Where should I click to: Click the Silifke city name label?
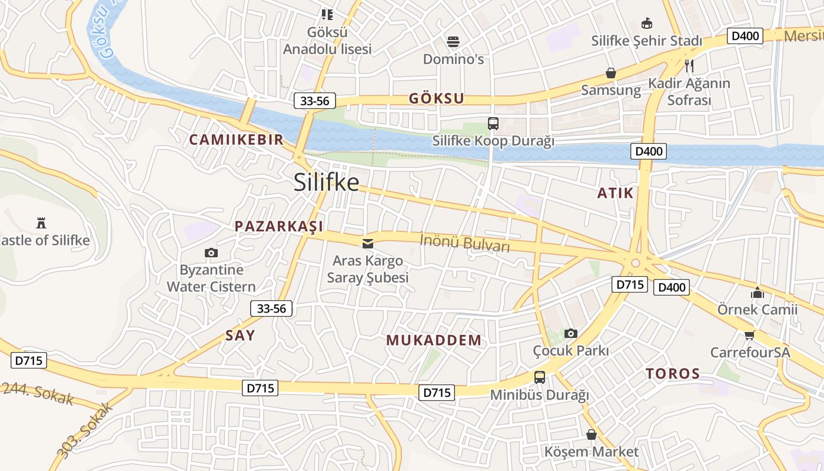point(326,182)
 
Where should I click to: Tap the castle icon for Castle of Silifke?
point(41,223)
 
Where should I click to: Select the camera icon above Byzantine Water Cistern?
point(211,253)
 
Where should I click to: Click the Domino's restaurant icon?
point(453,42)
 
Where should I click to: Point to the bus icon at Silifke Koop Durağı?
point(493,124)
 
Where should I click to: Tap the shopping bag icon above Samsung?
point(610,73)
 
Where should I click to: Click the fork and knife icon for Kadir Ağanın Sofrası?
point(689,65)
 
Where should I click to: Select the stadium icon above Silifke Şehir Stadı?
point(646,23)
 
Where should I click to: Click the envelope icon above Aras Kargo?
point(367,243)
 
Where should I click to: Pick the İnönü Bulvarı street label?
point(464,243)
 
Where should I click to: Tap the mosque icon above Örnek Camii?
point(757,292)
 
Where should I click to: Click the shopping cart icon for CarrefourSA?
point(749,335)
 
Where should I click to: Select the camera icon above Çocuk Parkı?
point(570,333)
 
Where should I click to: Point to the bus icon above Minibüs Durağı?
point(539,377)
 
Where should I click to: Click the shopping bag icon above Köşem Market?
point(591,434)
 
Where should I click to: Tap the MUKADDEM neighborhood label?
point(434,340)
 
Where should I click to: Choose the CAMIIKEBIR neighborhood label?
point(236,140)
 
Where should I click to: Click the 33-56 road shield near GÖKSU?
point(314,101)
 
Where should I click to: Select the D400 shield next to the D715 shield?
point(671,287)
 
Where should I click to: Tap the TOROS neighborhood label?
point(672,373)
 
